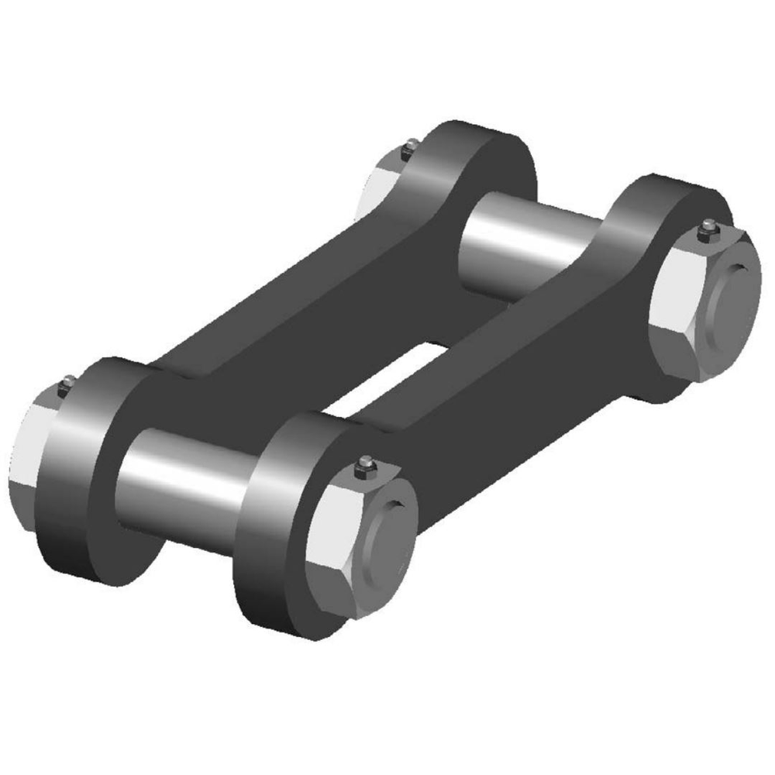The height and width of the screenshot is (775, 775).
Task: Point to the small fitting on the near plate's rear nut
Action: click(707, 229)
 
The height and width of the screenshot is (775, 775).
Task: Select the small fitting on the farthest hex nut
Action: click(411, 145)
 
